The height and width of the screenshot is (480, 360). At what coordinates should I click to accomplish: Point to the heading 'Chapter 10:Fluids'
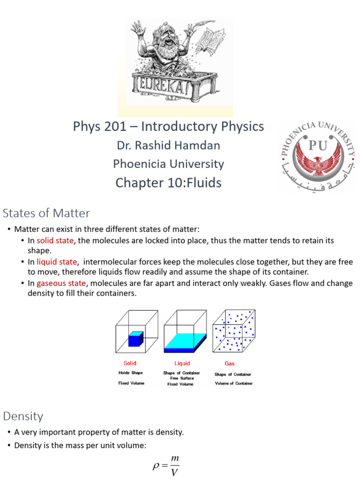point(168,183)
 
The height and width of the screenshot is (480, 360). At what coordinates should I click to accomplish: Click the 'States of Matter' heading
point(46,213)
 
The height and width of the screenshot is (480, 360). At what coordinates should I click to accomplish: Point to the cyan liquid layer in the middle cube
point(184,341)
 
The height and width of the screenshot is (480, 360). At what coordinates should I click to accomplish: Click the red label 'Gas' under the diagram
point(230,363)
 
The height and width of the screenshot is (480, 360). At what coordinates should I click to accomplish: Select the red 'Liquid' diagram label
point(182,363)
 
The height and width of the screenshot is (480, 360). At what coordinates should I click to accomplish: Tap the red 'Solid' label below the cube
point(130,363)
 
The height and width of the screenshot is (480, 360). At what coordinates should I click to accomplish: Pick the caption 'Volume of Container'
point(233,383)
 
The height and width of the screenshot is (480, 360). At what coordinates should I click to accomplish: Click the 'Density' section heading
point(23,416)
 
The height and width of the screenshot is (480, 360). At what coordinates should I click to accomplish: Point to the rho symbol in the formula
point(157,466)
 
